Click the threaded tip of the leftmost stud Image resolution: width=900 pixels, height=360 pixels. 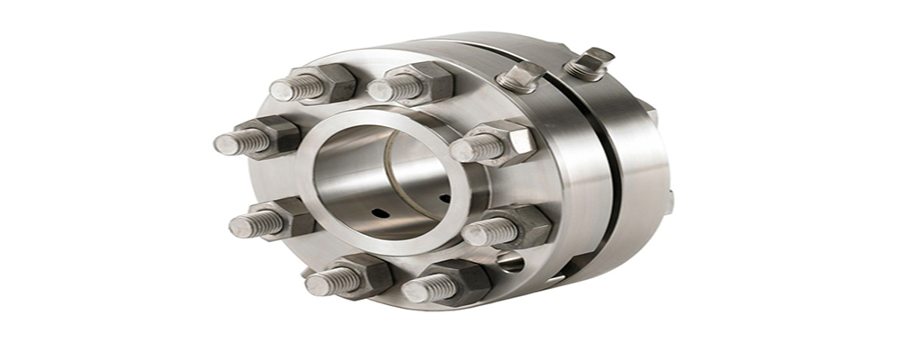point(225,144)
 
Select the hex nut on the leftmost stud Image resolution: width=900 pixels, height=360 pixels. point(274,137)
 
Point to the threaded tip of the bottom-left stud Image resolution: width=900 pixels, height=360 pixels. point(316,285)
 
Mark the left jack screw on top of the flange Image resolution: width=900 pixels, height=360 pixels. point(521,77)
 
